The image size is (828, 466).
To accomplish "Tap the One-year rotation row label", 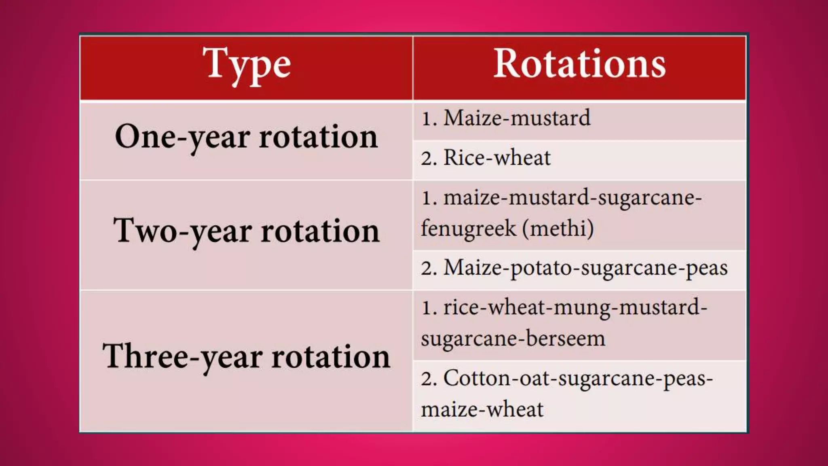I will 246,137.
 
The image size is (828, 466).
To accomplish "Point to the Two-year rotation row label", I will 246,231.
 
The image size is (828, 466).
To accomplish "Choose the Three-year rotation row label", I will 246,356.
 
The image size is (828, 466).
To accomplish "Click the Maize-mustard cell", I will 517,118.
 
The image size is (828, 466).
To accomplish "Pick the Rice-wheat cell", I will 496,157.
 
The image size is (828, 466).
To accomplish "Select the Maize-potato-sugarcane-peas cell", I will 585,268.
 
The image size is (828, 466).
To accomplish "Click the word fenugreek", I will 468,229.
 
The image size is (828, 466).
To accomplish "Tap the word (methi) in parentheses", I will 558,229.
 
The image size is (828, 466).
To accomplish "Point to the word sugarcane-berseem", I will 513,339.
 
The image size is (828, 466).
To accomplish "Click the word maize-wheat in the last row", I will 482,409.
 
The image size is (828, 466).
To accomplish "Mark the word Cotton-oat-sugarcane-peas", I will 578,379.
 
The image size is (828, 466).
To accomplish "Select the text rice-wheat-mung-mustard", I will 575,307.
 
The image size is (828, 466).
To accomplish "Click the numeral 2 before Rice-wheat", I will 428,158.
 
